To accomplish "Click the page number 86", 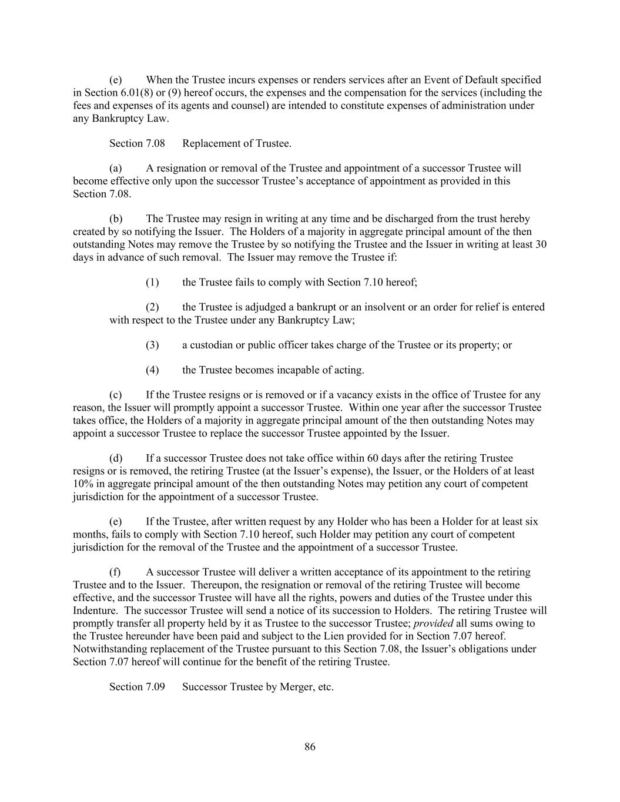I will pyautogui.click(x=310, y=747).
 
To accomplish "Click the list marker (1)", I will pyautogui.click(x=152, y=283).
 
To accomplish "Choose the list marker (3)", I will pyautogui.click(x=152, y=345).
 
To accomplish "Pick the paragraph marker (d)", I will pyautogui.click(x=116, y=458).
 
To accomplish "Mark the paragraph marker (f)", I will pyautogui.click(x=115, y=572).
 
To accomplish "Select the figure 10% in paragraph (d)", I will pyautogui.click(x=83, y=484).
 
